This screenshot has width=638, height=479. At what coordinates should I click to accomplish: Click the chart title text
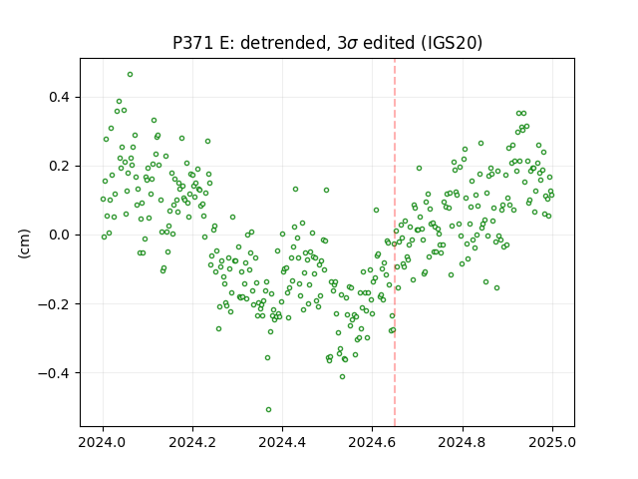coord(327,43)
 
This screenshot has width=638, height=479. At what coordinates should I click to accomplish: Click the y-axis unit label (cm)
coord(24,243)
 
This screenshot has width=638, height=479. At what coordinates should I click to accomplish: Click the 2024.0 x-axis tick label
coord(102,442)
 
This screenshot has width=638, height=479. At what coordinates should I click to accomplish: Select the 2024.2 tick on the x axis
coord(192,442)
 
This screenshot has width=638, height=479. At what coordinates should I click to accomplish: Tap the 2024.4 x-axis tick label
coord(282,442)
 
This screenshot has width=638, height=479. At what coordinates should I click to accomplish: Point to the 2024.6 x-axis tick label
coord(372,442)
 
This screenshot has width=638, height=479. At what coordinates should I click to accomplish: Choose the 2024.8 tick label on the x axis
coord(463,442)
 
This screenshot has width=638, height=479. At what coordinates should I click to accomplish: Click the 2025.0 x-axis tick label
coord(552,442)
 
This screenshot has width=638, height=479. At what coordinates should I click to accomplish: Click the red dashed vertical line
coord(395,242)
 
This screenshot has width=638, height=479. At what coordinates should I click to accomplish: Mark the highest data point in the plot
coord(130,75)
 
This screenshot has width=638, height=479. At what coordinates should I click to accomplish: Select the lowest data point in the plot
coord(268,410)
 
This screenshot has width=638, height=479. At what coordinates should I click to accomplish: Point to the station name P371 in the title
coord(192,43)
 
